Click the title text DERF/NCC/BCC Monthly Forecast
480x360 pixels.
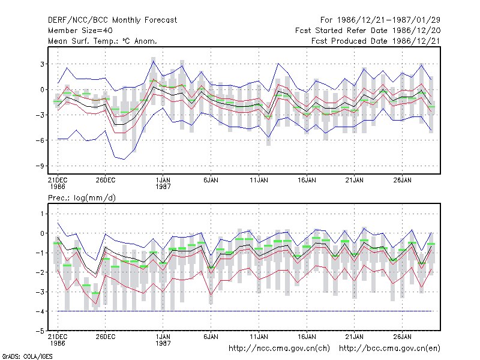(112, 20)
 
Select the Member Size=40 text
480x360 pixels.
(80, 31)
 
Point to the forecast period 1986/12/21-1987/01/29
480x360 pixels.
(380, 20)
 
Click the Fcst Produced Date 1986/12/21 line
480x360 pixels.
(376, 41)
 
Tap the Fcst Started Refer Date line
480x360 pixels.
(368, 31)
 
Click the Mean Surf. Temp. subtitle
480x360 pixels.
(103, 41)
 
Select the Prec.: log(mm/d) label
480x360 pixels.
(82, 198)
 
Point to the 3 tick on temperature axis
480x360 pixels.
(42, 64)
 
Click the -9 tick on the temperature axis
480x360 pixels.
(40, 166)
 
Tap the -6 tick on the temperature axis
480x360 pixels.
(40, 140)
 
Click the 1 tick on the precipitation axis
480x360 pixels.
(42, 214)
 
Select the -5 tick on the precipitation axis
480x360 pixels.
(40, 331)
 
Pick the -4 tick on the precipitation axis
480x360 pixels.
(40, 311)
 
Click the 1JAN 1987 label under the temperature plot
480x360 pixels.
(163, 183)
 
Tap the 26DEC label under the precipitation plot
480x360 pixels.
(106, 337)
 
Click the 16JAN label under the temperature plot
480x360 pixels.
(307, 180)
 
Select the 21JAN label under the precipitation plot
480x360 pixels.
(355, 337)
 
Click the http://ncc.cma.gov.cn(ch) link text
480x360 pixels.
(279, 349)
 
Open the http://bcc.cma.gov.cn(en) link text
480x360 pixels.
(389, 349)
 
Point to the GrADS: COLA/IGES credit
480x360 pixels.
(27, 356)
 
